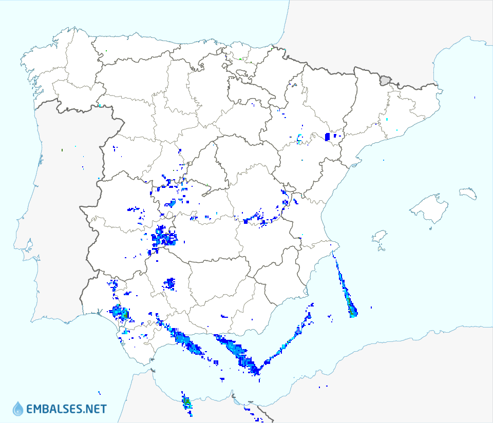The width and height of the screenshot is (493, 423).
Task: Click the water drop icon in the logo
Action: (x=17, y=408)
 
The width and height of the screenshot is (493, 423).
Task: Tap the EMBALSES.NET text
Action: (x=66, y=409)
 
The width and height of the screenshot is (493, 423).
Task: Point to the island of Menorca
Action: (x=468, y=193)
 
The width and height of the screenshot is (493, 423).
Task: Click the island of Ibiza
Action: (x=380, y=237)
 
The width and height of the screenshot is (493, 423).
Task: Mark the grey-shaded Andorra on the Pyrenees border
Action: (x=385, y=80)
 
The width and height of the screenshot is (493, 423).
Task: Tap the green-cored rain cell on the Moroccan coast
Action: (x=187, y=402)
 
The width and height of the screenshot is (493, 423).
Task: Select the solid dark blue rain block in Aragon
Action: (x=328, y=137)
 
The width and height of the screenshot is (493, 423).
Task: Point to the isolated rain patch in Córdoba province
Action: (x=170, y=283)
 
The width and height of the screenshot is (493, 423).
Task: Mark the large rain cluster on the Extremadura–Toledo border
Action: (x=163, y=237)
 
